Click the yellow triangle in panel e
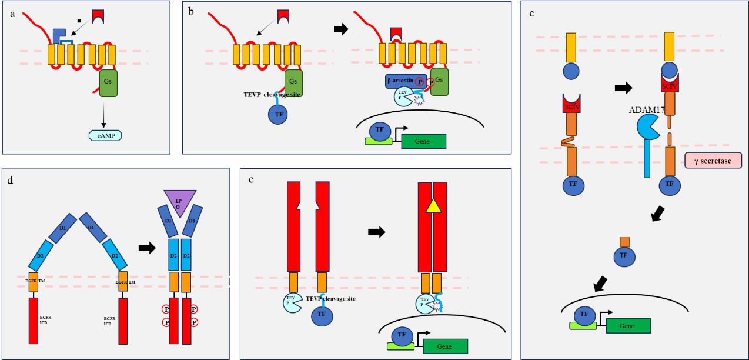click(x=432, y=205)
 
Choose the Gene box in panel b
click(x=423, y=141)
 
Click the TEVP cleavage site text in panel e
click(x=330, y=299)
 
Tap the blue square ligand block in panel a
click(x=59, y=35)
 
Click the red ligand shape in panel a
click(x=99, y=16)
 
